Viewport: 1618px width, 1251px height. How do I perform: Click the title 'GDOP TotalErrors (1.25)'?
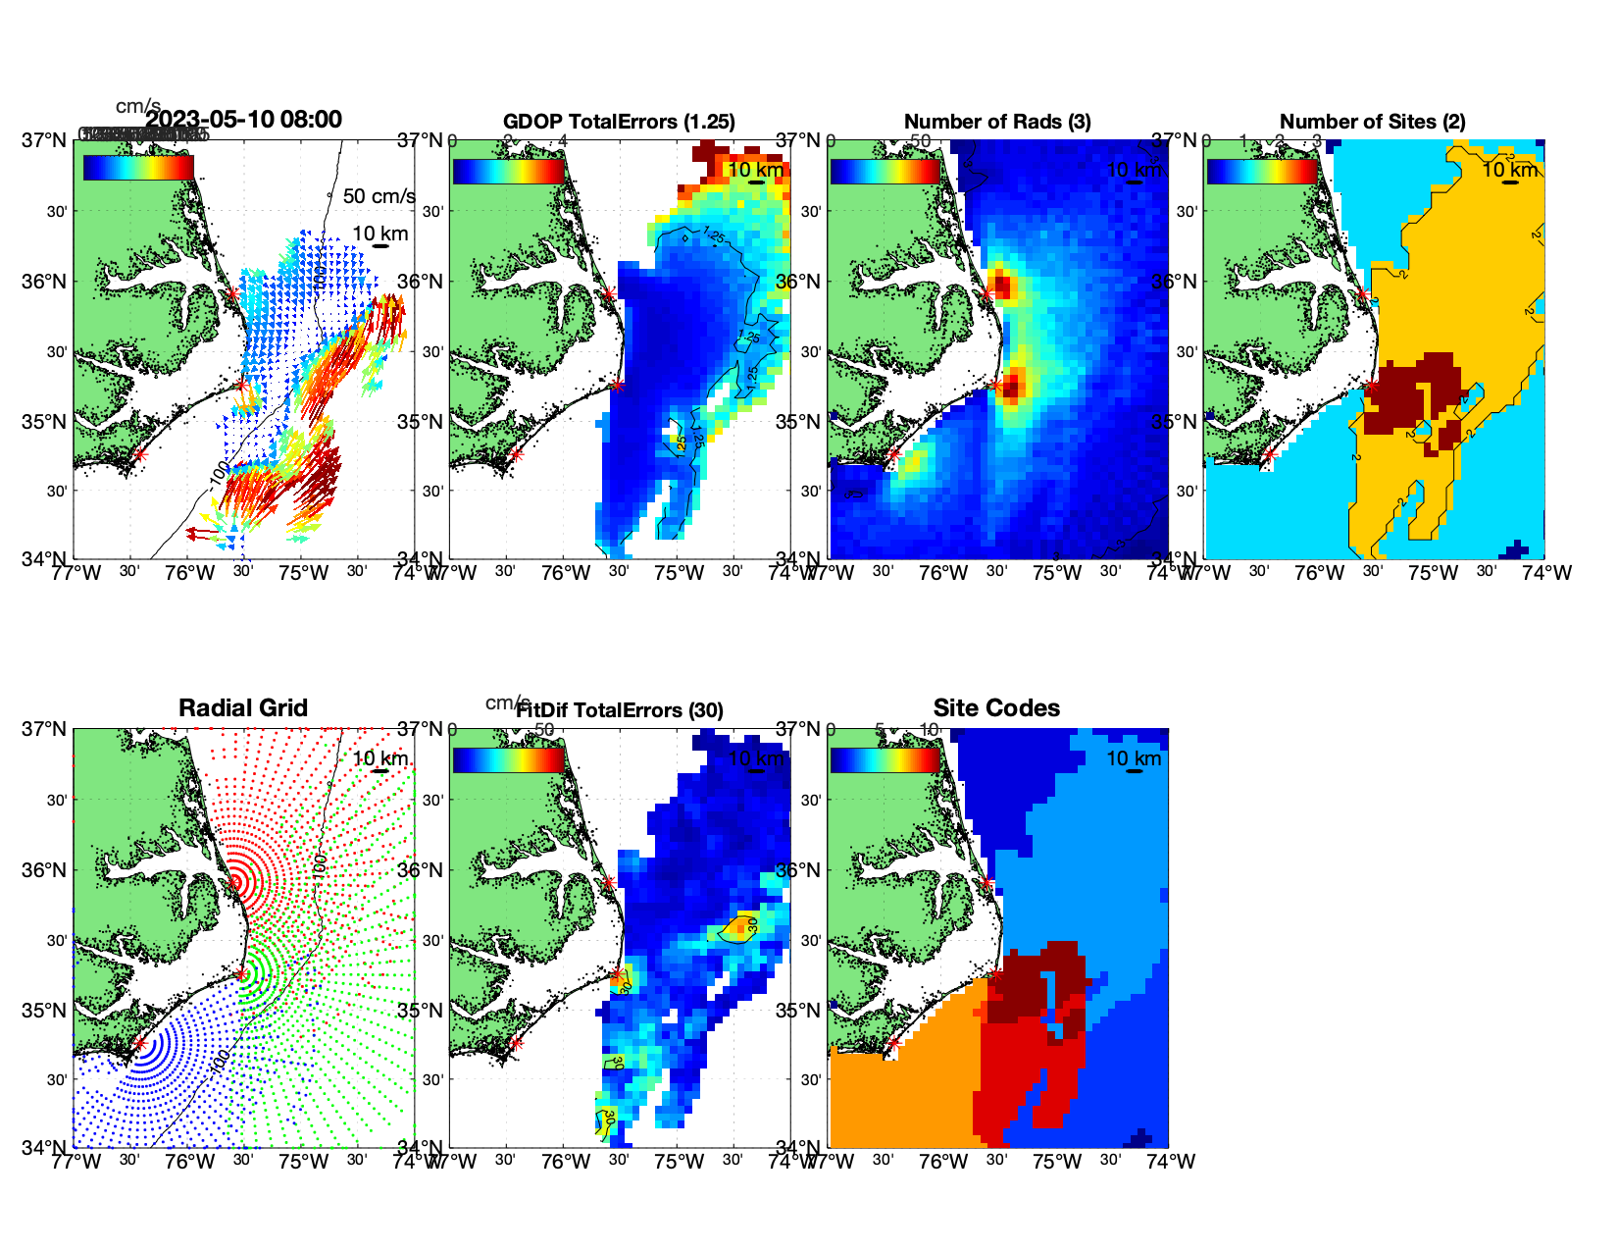pyautogui.click(x=619, y=122)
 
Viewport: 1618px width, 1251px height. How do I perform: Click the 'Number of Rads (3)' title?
pyautogui.click(x=997, y=122)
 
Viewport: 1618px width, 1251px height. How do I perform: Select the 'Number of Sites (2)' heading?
pyautogui.click(x=1372, y=122)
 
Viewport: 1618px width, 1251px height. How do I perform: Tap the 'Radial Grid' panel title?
pyautogui.click(x=243, y=708)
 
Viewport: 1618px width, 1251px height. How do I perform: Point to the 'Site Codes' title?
pyautogui.click(x=996, y=708)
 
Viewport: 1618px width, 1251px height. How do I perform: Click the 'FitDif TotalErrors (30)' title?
pyautogui.click(x=620, y=710)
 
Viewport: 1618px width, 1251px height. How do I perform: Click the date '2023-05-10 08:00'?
pyautogui.click(x=243, y=120)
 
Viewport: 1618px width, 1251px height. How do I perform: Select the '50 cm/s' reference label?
pyautogui.click(x=379, y=196)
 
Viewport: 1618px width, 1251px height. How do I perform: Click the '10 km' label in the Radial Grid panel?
pyautogui.click(x=380, y=758)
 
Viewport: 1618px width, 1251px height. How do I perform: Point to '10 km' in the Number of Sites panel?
pyautogui.click(x=1510, y=170)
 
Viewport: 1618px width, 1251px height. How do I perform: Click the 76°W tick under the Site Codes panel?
pyautogui.click(x=943, y=1162)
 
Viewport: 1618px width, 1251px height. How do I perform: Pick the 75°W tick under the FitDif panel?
pyautogui.click(x=680, y=1162)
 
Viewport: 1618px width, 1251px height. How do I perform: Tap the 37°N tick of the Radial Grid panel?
pyautogui.click(x=45, y=729)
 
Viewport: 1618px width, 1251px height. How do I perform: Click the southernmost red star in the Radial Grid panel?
pyautogui.click(x=139, y=1044)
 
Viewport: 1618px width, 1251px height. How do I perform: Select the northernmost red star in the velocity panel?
pyautogui.click(x=232, y=293)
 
